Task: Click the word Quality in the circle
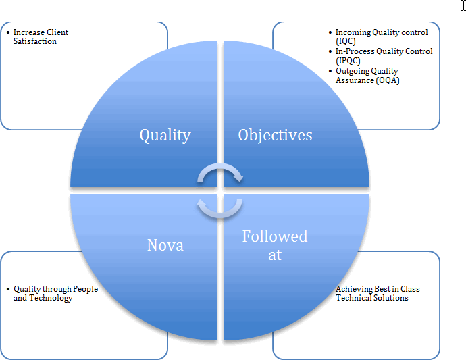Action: (x=165, y=135)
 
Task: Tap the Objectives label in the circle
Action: (x=275, y=135)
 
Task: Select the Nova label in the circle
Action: (x=165, y=245)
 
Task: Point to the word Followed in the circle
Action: (x=274, y=236)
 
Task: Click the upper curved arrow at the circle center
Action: (x=220, y=174)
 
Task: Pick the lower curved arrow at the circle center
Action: (x=220, y=207)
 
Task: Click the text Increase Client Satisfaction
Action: (x=41, y=36)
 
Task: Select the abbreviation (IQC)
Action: (x=346, y=41)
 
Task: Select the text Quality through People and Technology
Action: (x=55, y=293)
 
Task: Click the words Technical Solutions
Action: (x=371, y=298)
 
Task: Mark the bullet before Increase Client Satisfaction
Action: (x=7, y=32)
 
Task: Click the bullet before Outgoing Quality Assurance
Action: (x=329, y=71)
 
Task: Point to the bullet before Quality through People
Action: (x=7, y=289)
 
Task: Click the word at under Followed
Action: (x=274, y=255)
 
